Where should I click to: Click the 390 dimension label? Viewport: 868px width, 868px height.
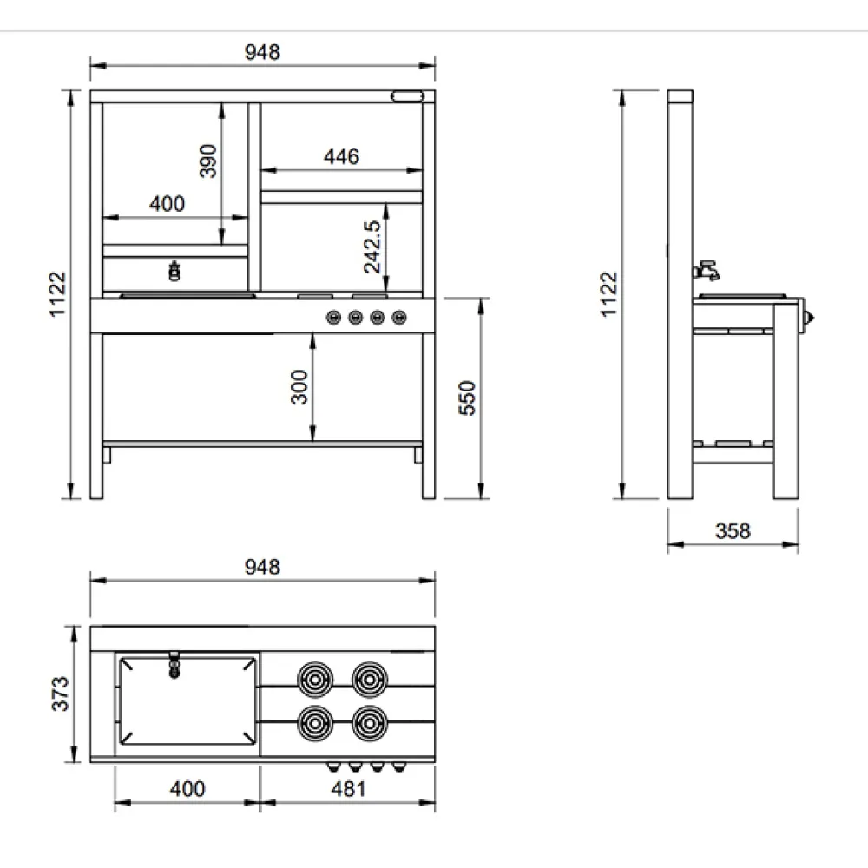coord(208,161)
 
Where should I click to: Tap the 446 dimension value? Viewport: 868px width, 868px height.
coord(341,156)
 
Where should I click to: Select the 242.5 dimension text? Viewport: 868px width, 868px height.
coord(372,247)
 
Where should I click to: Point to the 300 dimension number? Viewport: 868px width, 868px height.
coord(299,387)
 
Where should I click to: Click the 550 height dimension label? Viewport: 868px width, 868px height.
coord(467,398)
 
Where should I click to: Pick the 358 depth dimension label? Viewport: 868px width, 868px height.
coord(733,531)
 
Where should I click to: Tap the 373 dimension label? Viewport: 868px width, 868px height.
coord(61,694)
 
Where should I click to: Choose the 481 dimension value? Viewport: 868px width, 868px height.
coord(348,789)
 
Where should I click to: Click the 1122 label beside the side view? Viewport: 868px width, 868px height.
coord(609,294)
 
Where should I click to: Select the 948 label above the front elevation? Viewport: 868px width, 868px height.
coord(262,53)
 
